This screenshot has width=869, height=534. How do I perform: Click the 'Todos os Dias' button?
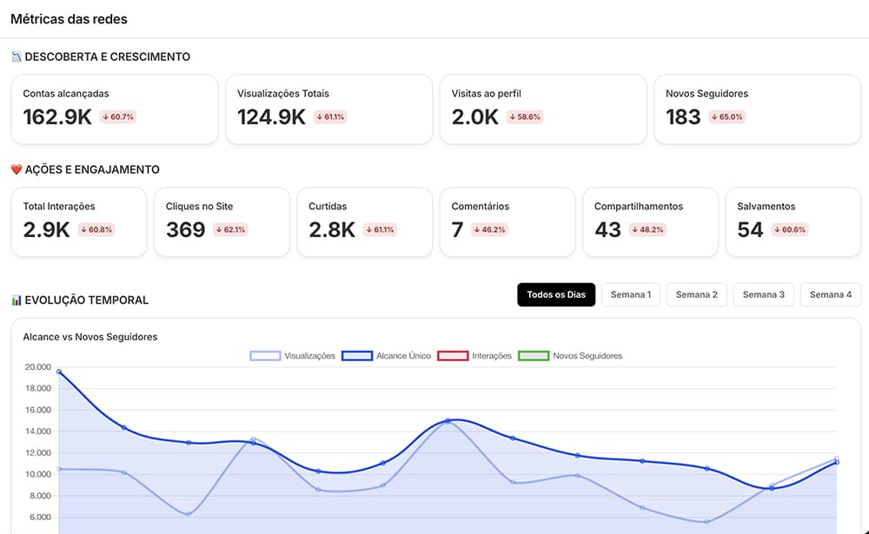(x=556, y=294)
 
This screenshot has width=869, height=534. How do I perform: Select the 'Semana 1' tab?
(x=631, y=294)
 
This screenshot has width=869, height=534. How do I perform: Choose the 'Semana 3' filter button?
(x=764, y=294)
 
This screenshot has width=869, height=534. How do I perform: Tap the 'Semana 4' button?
(x=830, y=294)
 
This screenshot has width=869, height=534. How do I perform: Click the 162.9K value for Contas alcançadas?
(x=57, y=117)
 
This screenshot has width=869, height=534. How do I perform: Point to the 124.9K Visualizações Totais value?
(x=271, y=117)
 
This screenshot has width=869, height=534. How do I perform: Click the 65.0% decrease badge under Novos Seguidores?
(x=726, y=117)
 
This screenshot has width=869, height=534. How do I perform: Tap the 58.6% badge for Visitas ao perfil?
(x=524, y=117)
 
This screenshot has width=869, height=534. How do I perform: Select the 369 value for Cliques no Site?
(x=186, y=229)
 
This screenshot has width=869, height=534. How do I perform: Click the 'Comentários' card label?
(x=480, y=206)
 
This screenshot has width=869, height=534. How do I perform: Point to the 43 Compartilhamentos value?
(x=607, y=229)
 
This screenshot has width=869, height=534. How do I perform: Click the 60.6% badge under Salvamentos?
(x=790, y=229)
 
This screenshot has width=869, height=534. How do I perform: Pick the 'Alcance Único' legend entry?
(x=387, y=356)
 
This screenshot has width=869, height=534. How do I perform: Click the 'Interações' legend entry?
(x=474, y=356)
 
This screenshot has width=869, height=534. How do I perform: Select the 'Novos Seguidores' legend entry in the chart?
(x=570, y=356)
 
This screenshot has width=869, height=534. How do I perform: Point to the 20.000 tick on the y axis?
(x=37, y=366)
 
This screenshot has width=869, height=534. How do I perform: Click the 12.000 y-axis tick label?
(x=37, y=452)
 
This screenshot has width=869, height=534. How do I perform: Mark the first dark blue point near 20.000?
(x=59, y=372)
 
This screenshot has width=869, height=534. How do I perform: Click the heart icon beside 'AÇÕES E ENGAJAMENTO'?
(x=17, y=169)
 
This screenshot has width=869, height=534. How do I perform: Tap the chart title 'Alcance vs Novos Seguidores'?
(x=90, y=337)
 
